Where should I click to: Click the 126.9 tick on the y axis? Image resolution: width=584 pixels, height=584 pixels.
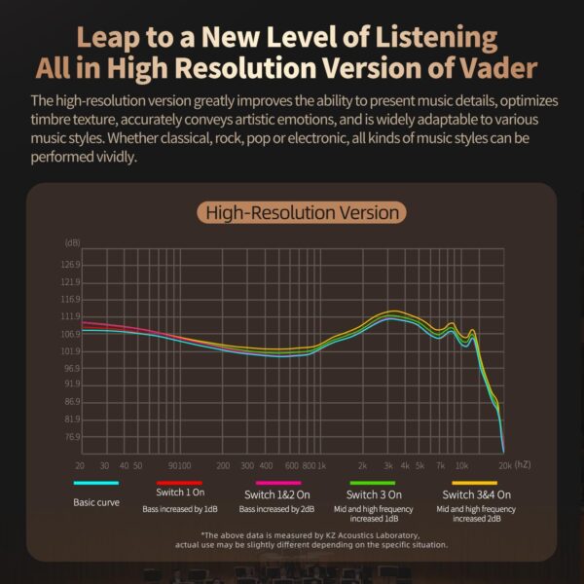coord(72,265)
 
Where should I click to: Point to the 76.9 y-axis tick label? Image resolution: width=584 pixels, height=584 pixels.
coord(72,437)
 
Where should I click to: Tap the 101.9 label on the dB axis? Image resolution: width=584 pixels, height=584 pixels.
coord(72,351)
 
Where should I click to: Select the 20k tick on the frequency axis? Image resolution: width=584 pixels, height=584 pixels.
coord(505,465)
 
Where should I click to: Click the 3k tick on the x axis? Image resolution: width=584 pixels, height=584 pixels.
coord(387,465)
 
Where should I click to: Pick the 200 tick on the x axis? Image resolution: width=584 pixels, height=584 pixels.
coord(222,465)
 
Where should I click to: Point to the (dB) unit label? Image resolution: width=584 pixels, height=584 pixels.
coord(73,241)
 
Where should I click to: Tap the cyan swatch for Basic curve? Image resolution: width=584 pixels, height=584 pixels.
coord(95,483)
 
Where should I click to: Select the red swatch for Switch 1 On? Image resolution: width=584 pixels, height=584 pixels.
coord(178,483)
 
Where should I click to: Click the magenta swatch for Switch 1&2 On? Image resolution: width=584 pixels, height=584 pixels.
coord(278,483)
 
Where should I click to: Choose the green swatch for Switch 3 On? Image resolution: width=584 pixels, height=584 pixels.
coord(373,483)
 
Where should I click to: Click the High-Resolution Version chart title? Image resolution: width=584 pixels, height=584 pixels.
coord(299,211)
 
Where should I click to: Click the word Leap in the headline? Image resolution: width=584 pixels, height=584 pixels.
coord(110,38)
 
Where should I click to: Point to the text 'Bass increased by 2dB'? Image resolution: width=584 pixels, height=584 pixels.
coord(277,509)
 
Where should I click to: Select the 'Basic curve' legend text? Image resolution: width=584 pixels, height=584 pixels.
coord(96,502)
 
